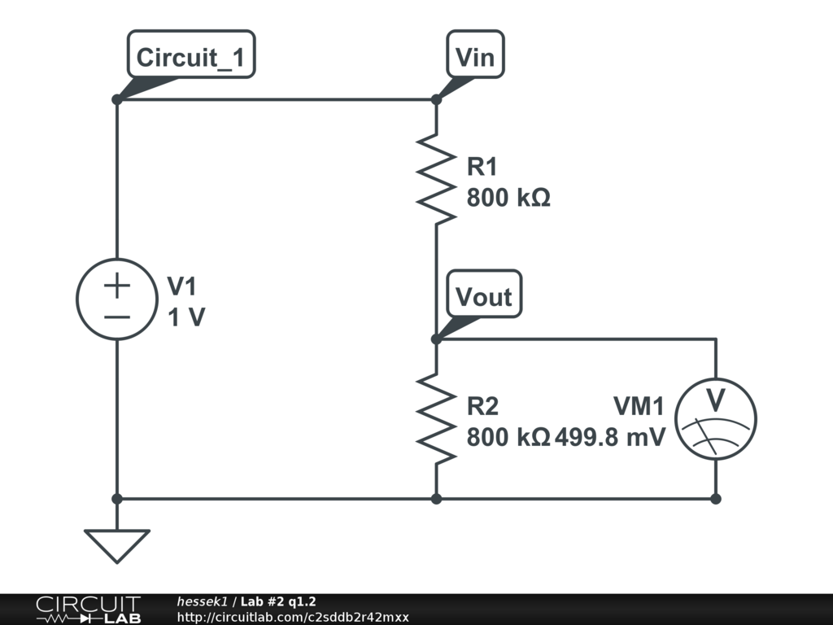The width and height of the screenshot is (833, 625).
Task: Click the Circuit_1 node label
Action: pyautogui.click(x=191, y=57)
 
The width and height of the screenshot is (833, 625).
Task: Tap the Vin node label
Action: pyautogui.click(x=475, y=57)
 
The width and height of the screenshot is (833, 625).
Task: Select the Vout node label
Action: pyautogui.click(x=484, y=296)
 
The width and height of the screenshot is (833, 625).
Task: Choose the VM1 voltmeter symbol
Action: pyautogui.click(x=716, y=418)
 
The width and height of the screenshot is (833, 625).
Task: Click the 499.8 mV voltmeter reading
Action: pyautogui.click(x=610, y=437)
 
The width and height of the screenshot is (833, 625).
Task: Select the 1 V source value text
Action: pyautogui.click(x=186, y=317)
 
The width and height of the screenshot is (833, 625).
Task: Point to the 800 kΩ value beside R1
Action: pyautogui.click(x=508, y=198)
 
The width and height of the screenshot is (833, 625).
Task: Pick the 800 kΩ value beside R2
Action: pyautogui.click(x=508, y=437)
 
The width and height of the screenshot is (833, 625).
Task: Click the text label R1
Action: pyautogui.click(x=482, y=167)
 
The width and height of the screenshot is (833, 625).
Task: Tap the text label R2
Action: pyautogui.click(x=482, y=405)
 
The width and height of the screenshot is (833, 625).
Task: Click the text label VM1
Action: pyautogui.click(x=639, y=405)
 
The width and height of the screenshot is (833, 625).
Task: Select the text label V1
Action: pyautogui.click(x=182, y=286)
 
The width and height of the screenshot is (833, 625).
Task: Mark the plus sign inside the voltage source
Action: pyautogui.click(x=117, y=286)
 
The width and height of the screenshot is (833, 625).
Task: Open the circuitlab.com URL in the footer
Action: pyautogui.click(x=293, y=617)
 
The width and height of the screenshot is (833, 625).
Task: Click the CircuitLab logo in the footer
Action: pyautogui.click(x=88, y=610)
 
